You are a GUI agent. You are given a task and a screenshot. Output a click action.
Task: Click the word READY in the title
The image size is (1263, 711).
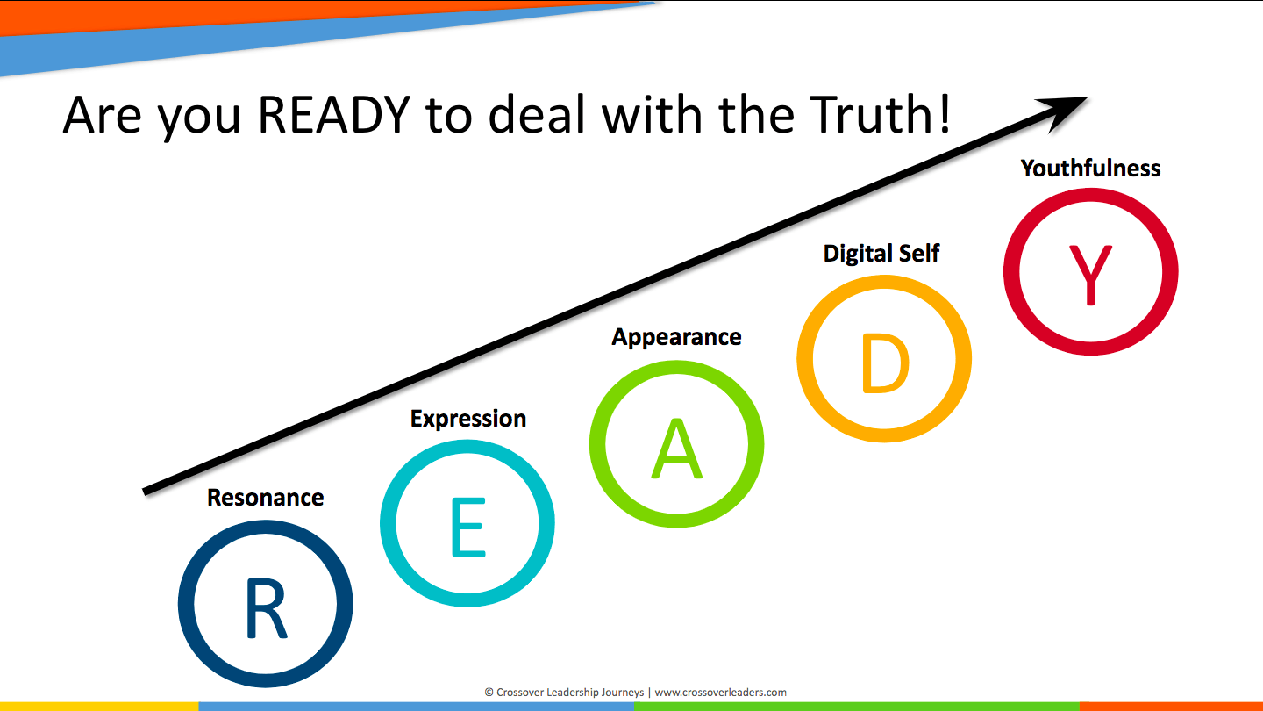(x=334, y=114)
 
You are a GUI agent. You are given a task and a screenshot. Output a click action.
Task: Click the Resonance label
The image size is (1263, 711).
(x=266, y=498)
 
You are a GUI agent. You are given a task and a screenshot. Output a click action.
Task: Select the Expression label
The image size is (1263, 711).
(x=468, y=420)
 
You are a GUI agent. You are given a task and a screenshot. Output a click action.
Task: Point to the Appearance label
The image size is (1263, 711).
(x=676, y=338)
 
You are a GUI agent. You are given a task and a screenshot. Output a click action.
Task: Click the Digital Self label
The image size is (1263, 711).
(x=881, y=254)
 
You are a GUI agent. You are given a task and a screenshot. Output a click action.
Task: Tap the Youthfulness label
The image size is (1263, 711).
(x=1090, y=169)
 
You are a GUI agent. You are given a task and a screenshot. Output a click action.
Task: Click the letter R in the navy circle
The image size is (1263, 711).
(x=266, y=609)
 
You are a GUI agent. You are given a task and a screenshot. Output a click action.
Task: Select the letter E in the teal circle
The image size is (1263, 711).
(x=468, y=527)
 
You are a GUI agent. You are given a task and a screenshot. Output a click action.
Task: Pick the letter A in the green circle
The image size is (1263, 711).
(x=676, y=448)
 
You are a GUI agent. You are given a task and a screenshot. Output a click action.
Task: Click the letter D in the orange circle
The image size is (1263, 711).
(x=885, y=363)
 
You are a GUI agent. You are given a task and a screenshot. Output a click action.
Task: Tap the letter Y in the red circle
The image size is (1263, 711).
(x=1090, y=275)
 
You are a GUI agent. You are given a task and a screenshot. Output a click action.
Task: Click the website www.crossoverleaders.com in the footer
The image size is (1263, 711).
(x=721, y=693)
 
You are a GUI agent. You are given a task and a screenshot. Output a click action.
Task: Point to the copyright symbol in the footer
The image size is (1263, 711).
(x=489, y=693)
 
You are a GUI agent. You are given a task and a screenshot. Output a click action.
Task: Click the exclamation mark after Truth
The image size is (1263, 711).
(x=945, y=114)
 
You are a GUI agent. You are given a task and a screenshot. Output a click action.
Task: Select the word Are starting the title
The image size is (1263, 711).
(x=102, y=116)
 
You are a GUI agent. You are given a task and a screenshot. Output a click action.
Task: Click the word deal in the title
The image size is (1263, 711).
(x=537, y=114)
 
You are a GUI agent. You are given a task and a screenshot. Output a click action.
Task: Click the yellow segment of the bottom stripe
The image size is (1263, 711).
(x=99, y=707)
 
